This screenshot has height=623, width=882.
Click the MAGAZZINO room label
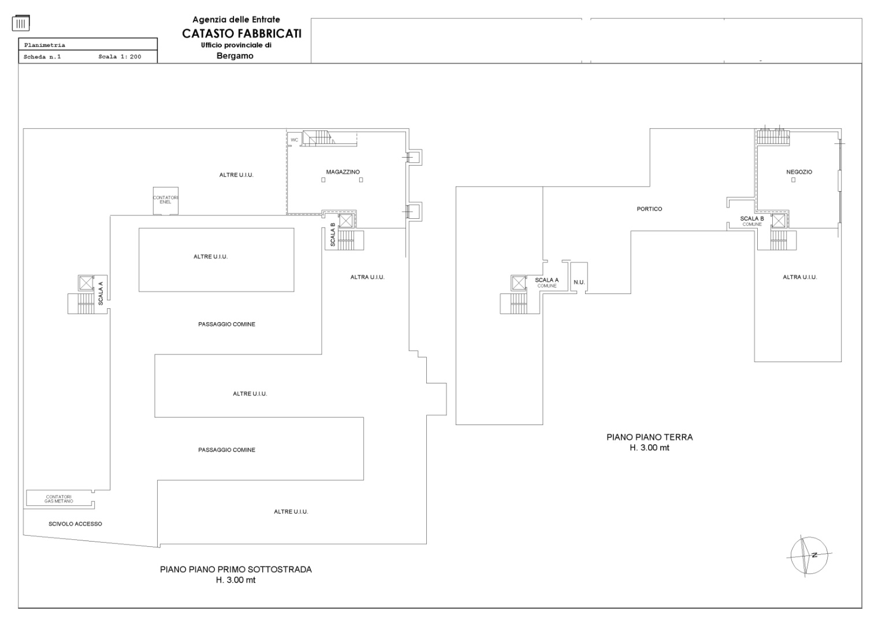click(343, 172)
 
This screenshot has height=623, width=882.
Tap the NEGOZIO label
click(799, 172)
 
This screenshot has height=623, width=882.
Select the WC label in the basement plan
click(294, 140)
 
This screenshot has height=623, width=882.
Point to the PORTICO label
click(649, 209)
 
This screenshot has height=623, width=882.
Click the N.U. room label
click(579, 282)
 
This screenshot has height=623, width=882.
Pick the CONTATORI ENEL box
click(165, 200)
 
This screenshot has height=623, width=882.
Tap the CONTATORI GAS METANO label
click(59, 499)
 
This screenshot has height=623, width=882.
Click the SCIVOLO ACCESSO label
click(75, 524)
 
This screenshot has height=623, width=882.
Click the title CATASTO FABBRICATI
click(241, 33)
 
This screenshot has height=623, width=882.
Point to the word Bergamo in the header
click(235, 56)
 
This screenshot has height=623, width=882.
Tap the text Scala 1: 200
click(120, 57)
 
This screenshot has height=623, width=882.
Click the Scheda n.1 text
click(42, 57)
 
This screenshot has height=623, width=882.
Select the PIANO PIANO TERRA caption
click(649, 437)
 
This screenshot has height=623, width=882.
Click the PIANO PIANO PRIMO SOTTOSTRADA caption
click(236, 569)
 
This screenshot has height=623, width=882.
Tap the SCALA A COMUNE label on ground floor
click(546, 282)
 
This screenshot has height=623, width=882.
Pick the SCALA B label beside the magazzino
click(333, 234)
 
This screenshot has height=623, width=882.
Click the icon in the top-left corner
click(21, 23)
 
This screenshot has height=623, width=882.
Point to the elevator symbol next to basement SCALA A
click(86, 283)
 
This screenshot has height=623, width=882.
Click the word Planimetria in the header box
click(44, 45)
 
